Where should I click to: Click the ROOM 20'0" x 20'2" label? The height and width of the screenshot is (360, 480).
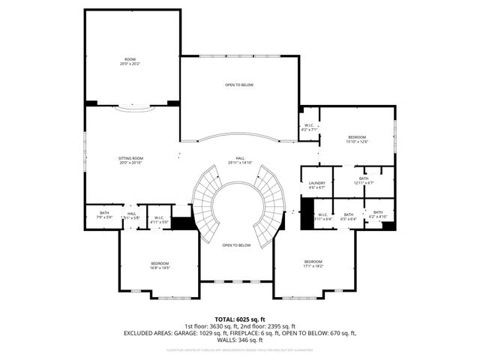pos(130,61)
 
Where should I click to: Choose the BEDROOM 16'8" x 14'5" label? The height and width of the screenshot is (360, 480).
pos(160,265)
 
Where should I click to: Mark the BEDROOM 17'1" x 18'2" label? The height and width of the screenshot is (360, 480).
pos(313,263)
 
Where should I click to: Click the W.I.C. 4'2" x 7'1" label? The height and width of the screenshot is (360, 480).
pos(310,127)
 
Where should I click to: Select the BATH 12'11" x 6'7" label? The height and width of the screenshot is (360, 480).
pos(363,181)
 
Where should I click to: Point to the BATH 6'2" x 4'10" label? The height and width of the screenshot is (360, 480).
pos(378,214)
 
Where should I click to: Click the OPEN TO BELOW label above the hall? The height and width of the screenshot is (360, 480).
pos(239,85)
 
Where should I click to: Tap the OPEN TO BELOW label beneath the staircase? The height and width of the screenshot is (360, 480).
pos(236,245)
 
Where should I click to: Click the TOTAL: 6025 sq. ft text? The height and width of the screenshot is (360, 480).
pos(240,319)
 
